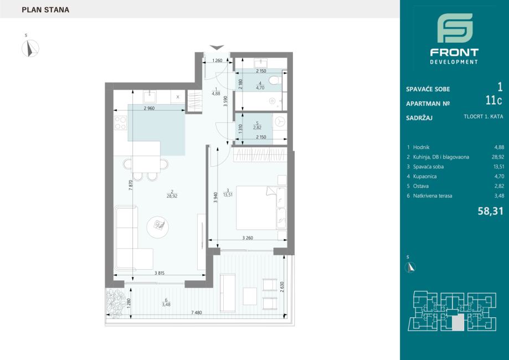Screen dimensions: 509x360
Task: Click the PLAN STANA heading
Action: coord(45,10)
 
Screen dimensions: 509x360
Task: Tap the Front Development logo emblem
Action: coord(455,28)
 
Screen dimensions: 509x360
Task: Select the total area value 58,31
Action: coord(491,212)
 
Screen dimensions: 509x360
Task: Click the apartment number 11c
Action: coord(493,101)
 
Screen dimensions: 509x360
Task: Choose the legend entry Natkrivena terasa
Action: coord(433,196)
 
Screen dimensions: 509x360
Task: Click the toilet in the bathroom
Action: coord(276,79)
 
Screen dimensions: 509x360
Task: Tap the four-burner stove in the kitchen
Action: coord(120,123)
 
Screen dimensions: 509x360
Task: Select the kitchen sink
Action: coord(150,97)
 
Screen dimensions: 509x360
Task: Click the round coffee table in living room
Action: coord(158,227)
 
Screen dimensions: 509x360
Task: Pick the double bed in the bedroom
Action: coord(261,208)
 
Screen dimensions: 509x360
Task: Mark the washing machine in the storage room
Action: coord(280,122)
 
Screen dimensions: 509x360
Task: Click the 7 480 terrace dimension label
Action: coord(197,312)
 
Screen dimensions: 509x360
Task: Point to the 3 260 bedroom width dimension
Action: coord(248,238)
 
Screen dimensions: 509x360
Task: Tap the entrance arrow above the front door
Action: coord(217,48)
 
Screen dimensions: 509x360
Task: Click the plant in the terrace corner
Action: coord(116,301)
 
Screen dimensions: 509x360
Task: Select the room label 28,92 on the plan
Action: coord(172,196)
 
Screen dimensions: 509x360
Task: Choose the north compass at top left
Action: coord(30,48)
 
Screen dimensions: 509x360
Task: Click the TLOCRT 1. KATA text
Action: coord(484,116)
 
